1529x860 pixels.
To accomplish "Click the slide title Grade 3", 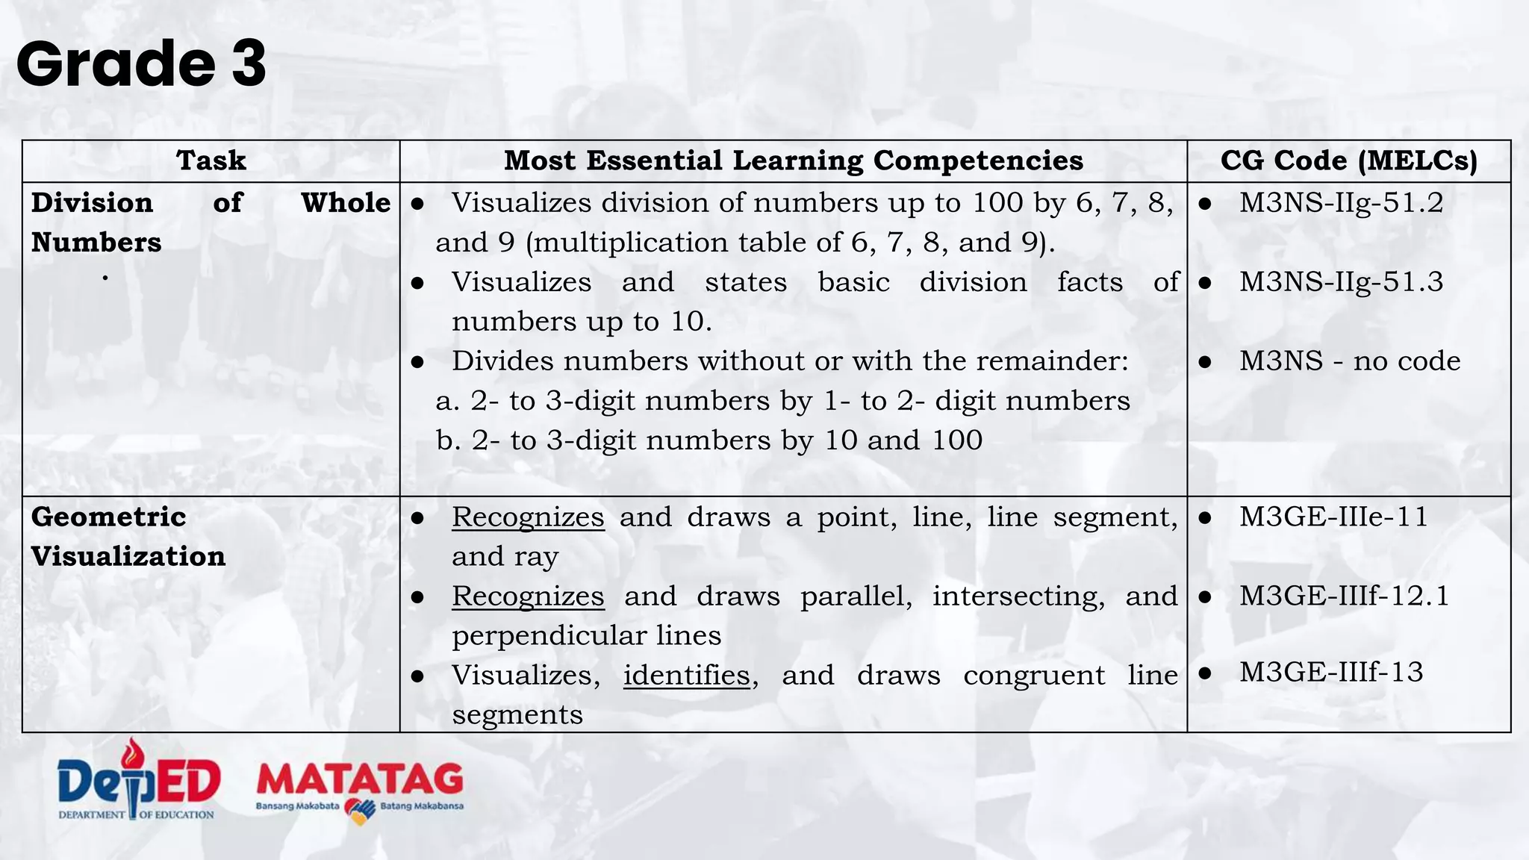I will point(140,64).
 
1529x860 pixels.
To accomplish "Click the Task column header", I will point(211,161).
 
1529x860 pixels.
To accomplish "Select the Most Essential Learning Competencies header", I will point(793,161).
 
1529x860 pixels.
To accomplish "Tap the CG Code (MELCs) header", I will point(1348,161).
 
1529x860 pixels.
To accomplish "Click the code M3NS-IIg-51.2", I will point(1341,203).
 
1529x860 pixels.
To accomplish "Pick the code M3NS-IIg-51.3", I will point(1341,282).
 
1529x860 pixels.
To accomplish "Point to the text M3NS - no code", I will point(1350,361).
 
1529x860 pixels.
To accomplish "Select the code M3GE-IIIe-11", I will point(1333,517).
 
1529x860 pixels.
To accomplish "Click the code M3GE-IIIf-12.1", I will point(1344,596).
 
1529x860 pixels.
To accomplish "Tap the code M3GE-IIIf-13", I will point(1331,673).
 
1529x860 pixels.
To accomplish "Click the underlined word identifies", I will point(686,676).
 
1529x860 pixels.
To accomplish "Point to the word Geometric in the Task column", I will point(108,517).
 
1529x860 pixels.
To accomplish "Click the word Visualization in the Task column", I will point(128,557).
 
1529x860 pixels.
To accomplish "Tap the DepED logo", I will point(138,780).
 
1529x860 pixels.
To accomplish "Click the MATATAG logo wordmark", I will point(360,780).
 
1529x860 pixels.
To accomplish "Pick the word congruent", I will point(1033,676).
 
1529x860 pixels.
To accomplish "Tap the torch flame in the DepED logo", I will point(134,752).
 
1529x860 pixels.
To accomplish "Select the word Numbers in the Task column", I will point(96,243).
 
